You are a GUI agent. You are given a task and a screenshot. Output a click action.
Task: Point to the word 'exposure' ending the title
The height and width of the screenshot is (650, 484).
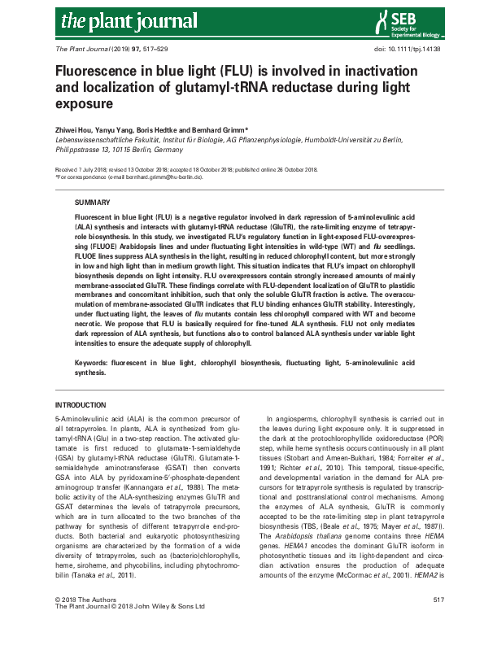point(82,105)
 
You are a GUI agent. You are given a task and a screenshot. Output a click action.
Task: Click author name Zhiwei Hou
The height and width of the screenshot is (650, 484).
point(75,129)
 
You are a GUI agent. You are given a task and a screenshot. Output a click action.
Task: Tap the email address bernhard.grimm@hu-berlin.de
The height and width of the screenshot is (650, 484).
point(160,177)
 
